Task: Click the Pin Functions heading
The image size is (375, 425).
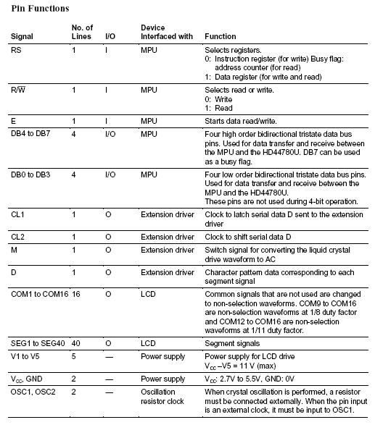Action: click(x=41, y=9)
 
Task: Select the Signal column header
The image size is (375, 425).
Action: click(x=22, y=36)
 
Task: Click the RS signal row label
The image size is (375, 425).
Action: click(x=16, y=49)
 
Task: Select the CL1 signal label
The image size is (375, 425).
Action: click(x=18, y=216)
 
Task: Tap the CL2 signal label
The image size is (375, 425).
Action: click(x=18, y=237)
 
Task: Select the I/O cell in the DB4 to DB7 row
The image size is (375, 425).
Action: click(x=110, y=134)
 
